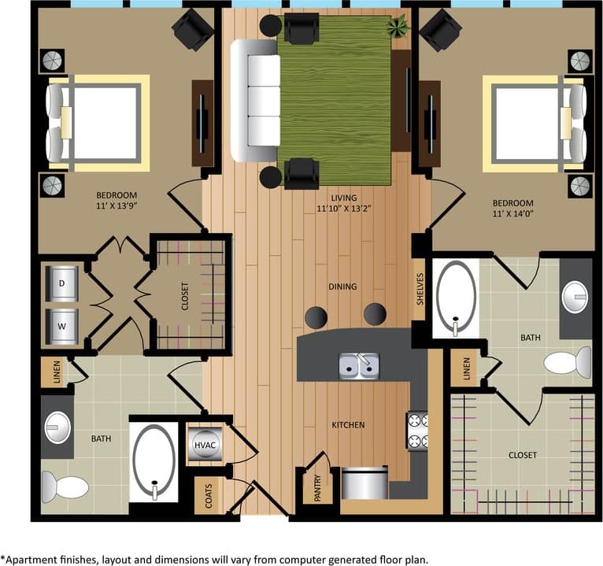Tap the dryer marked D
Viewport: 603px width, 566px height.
[61, 283]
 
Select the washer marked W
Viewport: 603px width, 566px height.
[61, 325]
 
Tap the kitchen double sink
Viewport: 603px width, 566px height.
[359, 366]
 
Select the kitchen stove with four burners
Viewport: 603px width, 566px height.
[417, 431]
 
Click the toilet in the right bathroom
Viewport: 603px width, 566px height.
[567, 362]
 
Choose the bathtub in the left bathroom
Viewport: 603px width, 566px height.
[154, 461]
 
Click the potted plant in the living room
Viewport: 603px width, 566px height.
[398, 28]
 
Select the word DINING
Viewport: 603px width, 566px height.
[343, 287]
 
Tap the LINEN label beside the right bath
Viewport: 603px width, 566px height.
[467, 368]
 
